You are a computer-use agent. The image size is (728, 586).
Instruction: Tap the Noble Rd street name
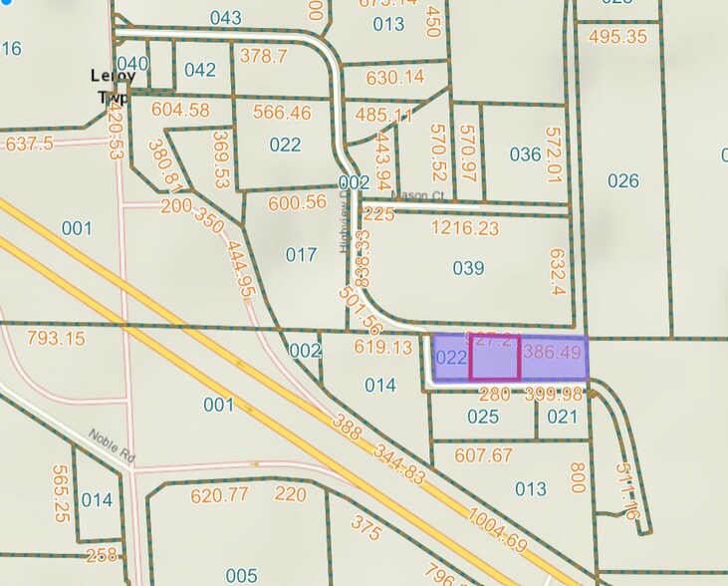[112, 445]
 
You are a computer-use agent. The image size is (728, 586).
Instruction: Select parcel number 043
[226, 18]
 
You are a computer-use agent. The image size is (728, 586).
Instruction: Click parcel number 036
[525, 154]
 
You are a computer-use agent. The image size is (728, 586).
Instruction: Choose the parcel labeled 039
[468, 268]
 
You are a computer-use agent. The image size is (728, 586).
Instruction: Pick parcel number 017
[301, 255]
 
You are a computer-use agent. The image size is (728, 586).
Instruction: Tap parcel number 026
[622, 180]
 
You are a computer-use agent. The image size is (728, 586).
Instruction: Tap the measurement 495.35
[617, 37]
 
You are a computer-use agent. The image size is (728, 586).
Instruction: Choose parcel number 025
[483, 416]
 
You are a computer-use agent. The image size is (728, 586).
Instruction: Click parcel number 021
[563, 416]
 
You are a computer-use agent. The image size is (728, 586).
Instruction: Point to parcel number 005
[241, 575]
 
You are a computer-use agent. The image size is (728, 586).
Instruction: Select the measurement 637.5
[29, 145]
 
